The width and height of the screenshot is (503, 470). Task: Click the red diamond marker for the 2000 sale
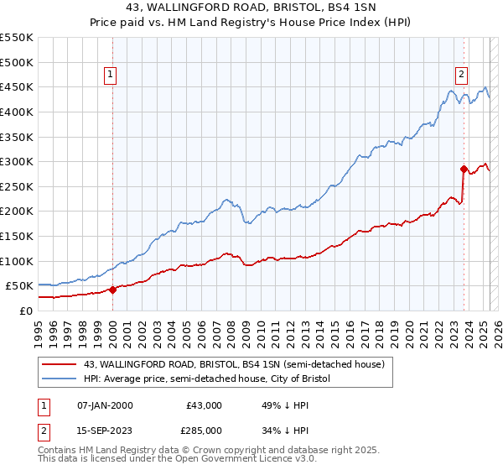112,290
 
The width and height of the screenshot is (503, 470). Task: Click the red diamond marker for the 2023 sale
464,169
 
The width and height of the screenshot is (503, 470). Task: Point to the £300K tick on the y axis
18,161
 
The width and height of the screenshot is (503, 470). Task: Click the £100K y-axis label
18,261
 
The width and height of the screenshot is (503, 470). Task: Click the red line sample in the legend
59,365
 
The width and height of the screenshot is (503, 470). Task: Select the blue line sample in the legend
59,379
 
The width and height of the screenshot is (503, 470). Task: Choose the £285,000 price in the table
204,431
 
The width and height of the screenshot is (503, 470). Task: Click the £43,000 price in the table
204,405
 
